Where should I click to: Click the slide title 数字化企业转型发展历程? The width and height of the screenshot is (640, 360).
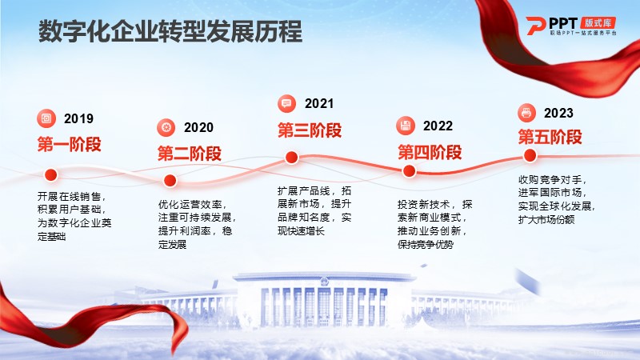tap(170, 32)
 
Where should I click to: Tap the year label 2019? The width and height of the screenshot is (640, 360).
tap(78, 118)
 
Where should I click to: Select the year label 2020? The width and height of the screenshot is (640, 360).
tap(198, 128)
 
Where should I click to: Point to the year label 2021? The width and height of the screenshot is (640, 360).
tap(319, 104)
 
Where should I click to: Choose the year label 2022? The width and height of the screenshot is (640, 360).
tap(438, 126)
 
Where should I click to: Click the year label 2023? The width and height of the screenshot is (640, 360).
tap(558, 113)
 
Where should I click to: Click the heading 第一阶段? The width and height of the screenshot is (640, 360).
tap(70, 145)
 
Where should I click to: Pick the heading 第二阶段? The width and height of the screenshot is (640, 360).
tap(190, 154)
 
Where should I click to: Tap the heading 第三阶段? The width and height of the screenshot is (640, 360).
tap(310, 130)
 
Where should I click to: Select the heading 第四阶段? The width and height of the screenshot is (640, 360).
tap(430, 152)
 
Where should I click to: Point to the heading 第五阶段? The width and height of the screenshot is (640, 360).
tap(550, 137)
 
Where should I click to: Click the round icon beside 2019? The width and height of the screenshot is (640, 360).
tap(46, 118)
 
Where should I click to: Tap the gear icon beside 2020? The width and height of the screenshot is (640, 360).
tap(166, 127)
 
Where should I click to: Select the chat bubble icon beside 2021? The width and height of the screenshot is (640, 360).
tap(286, 103)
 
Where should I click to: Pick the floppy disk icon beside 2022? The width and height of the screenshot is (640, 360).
tap(406, 126)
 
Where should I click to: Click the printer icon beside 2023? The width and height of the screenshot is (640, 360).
tap(526, 113)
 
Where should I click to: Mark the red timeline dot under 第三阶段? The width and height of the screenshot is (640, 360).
tap(291, 158)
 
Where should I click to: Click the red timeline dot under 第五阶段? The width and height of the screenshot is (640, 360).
tap(530, 155)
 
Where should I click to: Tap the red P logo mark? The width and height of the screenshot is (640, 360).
tap(535, 26)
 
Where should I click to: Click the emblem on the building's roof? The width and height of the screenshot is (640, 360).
tap(324, 282)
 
